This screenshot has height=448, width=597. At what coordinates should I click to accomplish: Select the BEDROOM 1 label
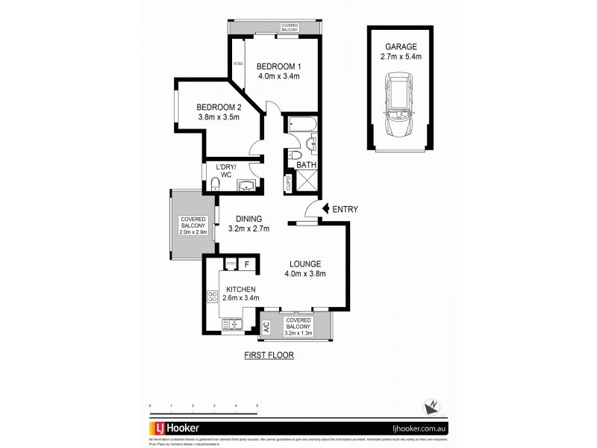[x=278, y=64]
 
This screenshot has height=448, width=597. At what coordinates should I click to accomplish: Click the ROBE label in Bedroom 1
[x=238, y=64]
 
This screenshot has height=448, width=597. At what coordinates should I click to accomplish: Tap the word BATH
[x=306, y=164]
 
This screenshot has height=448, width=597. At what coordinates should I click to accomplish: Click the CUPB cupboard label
[x=288, y=183]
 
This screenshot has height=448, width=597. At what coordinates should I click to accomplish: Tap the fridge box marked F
[x=246, y=264]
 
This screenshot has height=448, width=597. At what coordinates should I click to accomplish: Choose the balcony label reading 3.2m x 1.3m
[x=299, y=330]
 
